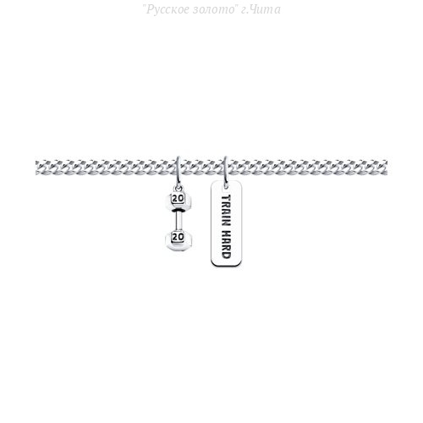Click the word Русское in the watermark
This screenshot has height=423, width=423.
click(168, 9)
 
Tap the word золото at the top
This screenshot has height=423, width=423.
click(215, 9)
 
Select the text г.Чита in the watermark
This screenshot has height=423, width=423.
click(261, 9)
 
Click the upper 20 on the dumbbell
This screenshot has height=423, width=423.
click(178, 199)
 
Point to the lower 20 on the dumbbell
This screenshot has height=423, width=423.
click(178, 237)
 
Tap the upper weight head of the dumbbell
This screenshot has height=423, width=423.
click(179, 201)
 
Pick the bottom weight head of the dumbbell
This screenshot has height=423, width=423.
click(179, 240)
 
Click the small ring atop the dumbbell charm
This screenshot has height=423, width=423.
click(179, 187)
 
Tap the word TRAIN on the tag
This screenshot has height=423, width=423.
click(226, 210)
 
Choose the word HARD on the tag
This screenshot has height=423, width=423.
click(226, 244)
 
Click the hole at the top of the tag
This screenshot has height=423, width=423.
click(226, 186)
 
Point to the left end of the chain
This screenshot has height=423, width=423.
click(36, 167)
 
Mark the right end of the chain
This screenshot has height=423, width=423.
click(387, 167)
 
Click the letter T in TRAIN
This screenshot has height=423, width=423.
click(226, 197)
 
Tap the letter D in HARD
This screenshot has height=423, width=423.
click(226, 255)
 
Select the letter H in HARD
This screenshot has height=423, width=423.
click(226, 233)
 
